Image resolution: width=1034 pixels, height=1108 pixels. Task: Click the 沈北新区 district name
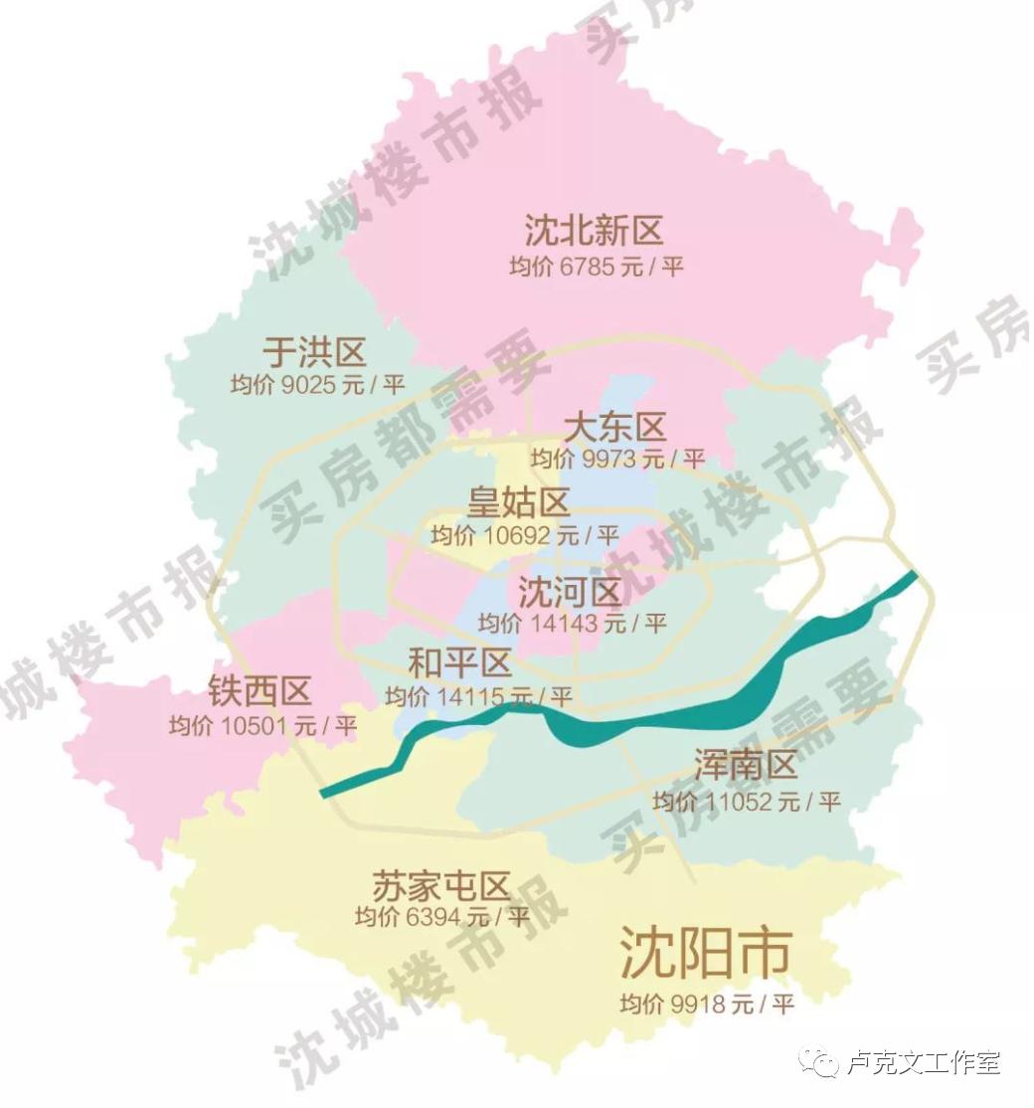point(594,232)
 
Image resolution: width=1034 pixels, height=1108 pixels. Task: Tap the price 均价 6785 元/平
point(596,267)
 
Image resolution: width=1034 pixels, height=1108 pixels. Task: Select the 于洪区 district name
point(314,351)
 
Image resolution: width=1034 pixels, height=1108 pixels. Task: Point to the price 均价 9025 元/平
point(317,385)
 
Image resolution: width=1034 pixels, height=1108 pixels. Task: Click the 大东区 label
point(613,428)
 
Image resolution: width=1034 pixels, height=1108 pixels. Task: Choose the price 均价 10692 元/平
point(524,535)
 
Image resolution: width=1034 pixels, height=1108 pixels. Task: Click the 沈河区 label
point(570,593)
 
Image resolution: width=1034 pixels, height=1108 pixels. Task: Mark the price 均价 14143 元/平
point(571,624)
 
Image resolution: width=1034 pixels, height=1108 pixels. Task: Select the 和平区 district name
point(459,662)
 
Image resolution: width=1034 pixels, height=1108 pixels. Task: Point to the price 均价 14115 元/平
point(478,696)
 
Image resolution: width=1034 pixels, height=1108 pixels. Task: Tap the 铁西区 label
point(259,690)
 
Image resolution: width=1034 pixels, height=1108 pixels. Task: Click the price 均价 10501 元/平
point(262,725)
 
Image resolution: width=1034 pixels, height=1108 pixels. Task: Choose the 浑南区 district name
point(747,766)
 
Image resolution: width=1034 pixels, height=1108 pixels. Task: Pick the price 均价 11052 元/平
point(747,801)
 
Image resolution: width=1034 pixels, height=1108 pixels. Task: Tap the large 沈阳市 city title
point(705,953)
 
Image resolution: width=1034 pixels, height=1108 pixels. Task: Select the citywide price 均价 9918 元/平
point(707,1004)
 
